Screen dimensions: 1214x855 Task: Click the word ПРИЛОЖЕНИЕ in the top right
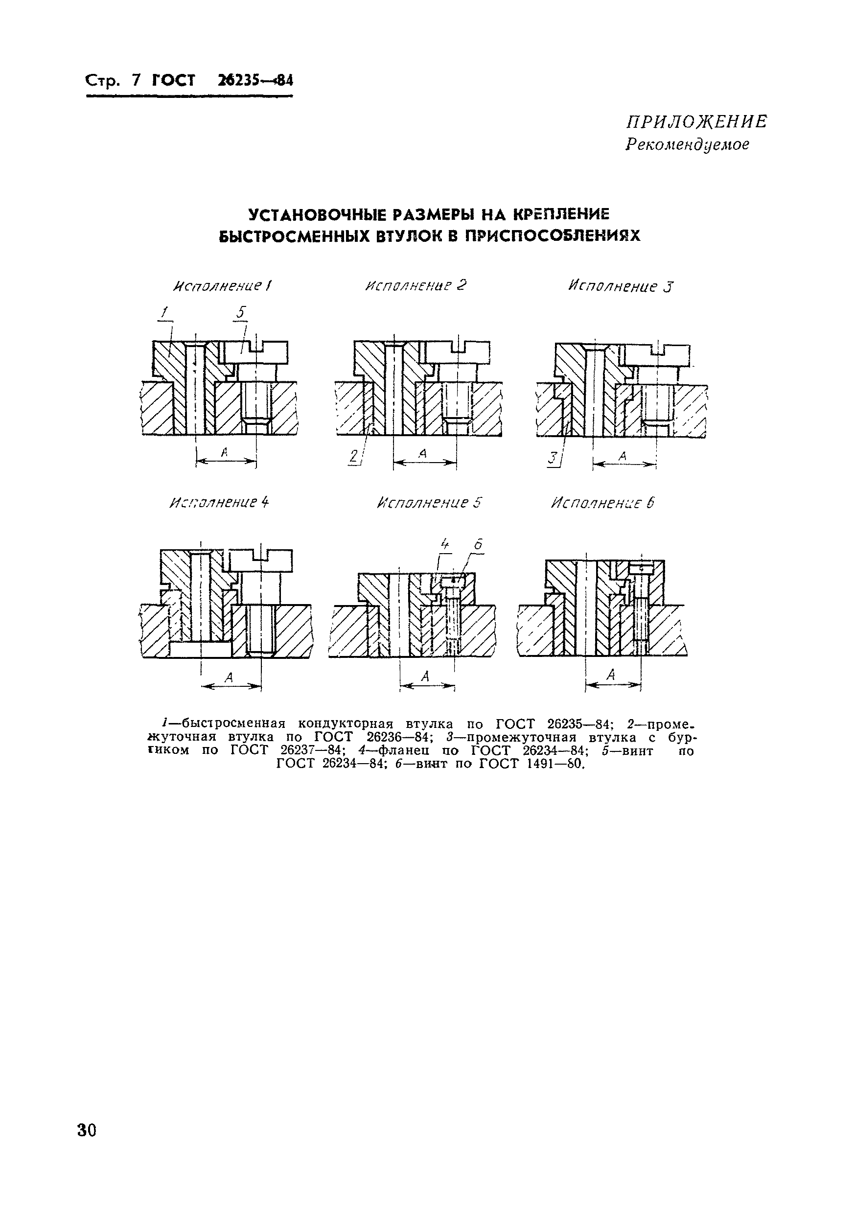pyautogui.click(x=696, y=122)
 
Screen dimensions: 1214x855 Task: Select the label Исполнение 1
pyautogui.click(x=223, y=286)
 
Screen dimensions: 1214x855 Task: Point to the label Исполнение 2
pyautogui.click(x=416, y=286)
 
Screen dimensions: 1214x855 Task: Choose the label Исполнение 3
pyautogui.click(x=621, y=286)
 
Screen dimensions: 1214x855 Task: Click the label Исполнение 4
pyautogui.click(x=219, y=502)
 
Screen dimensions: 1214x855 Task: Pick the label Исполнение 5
pyautogui.click(x=429, y=502)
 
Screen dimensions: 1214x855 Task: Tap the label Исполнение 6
pyautogui.click(x=602, y=503)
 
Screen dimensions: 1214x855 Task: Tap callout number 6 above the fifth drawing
pyautogui.click(x=478, y=544)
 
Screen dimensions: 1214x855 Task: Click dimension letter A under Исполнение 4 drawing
pyautogui.click(x=229, y=677)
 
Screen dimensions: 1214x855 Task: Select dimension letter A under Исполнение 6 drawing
pyautogui.click(x=611, y=675)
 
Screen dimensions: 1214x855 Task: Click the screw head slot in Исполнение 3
pyautogui.click(x=659, y=350)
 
